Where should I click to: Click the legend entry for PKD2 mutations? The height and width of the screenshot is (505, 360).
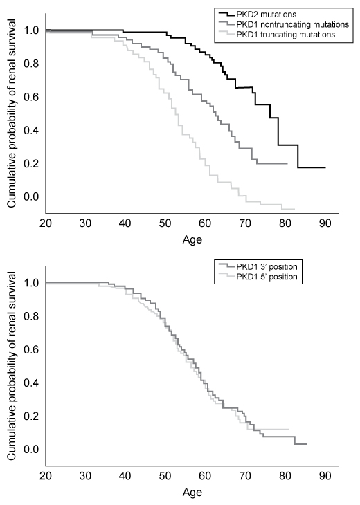click(x=267, y=13)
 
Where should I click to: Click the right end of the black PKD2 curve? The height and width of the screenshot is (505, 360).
click(x=325, y=167)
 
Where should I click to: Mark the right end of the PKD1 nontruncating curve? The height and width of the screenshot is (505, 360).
click(x=287, y=163)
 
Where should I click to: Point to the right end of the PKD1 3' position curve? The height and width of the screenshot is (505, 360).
click(x=307, y=444)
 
